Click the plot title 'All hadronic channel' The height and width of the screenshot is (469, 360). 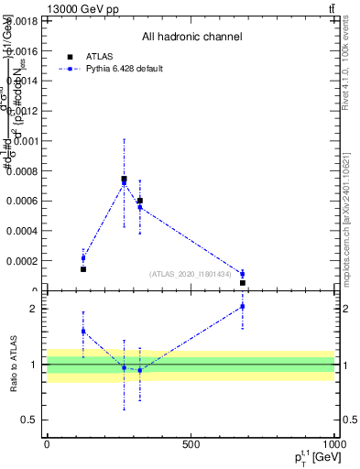pos(191,38)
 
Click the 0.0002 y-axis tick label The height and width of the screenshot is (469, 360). pos(24,261)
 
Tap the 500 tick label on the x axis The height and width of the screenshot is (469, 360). pos(191,443)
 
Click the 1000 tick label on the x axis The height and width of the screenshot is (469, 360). pos(333,443)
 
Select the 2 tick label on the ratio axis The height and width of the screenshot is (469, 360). pos(33,309)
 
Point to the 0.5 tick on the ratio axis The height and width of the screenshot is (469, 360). pos(29,420)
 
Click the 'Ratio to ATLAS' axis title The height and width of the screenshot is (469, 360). pos(14,365)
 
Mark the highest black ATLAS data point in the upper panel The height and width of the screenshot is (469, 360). pos(125,180)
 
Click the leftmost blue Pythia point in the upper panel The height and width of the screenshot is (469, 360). pos(83,258)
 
